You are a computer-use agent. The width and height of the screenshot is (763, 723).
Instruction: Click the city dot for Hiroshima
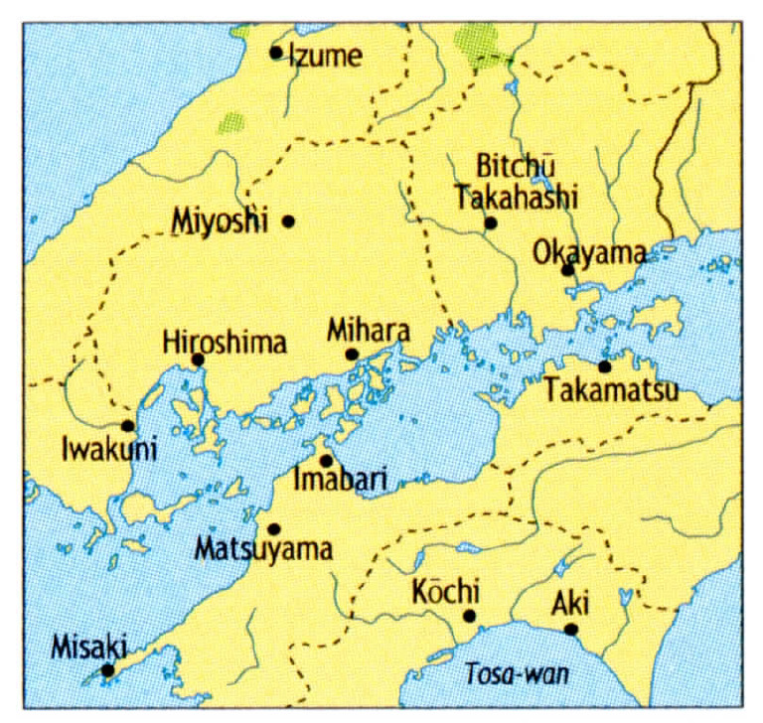198,360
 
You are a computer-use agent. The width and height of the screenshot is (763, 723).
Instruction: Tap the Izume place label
325,56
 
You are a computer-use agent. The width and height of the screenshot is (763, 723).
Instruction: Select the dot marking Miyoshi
289,220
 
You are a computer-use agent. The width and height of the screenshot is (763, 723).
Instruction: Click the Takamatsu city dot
604,366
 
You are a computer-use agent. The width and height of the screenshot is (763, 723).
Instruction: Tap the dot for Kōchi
470,616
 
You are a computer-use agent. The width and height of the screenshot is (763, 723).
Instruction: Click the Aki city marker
570,629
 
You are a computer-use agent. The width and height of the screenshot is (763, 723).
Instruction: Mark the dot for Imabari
326,461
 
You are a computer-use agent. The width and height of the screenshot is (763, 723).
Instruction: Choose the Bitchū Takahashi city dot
490,222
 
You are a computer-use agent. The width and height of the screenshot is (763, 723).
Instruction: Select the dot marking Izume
276,52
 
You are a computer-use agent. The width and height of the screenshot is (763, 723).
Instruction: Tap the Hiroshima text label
225,343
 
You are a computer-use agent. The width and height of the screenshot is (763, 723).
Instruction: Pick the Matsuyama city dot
274,528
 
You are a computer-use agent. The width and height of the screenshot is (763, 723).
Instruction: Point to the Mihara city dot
352,355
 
